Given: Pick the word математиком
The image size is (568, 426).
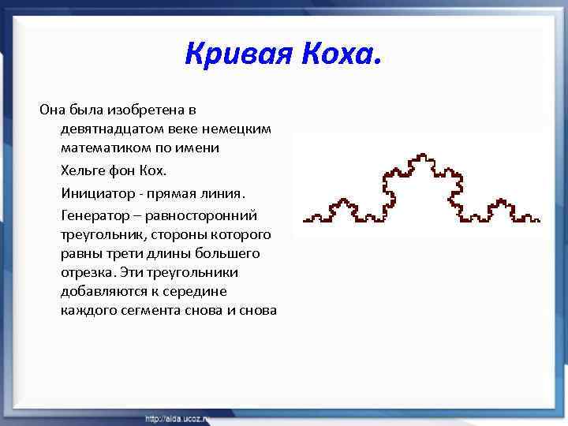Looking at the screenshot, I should click(x=101, y=148).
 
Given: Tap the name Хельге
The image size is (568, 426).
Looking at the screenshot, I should click(x=82, y=170).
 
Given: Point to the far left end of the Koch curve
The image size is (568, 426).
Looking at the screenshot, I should click(x=305, y=219).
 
